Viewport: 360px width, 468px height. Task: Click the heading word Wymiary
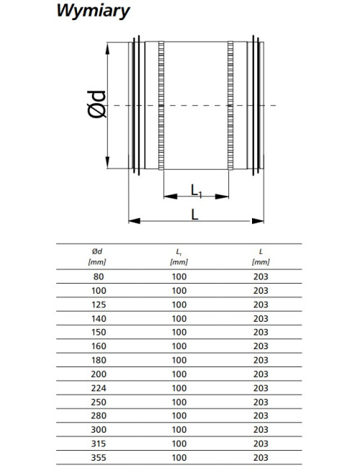pyautogui.click(x=93, y=12)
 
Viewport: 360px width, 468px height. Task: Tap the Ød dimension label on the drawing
pyautogui.click(x=97, y=104)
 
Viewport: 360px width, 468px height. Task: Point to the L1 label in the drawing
pyautogui.click(x=197, y=190)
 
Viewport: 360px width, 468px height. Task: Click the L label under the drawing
pyautogui.click(x=194, y=215)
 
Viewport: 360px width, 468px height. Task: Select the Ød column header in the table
pyautogui.click(x=97, y=257)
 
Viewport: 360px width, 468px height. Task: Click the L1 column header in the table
pyautogui.click(x=179, y=257)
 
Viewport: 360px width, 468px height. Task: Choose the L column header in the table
pyautogui.click(x=261, y=257)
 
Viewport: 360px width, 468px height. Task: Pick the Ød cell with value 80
pyautogui.click(x=99, y=276)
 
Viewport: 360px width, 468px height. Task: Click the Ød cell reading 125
pyautogui.click(x=99, y=305)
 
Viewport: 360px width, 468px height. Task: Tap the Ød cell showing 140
pyautogui.click(x=99, y=319)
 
